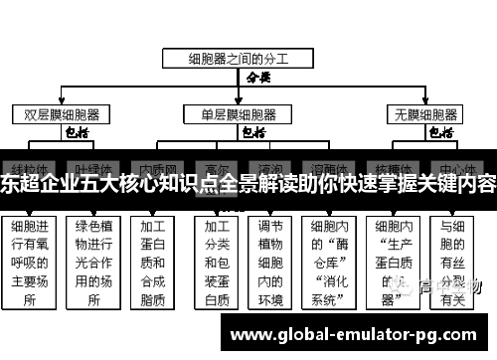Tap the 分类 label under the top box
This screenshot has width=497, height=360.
pos(257,76)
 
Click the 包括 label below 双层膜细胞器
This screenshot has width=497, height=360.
pos(77,131)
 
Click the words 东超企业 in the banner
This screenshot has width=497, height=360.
pos(38,183)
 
